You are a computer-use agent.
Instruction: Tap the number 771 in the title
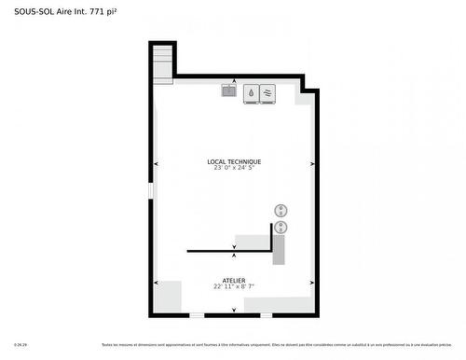click(97, 11)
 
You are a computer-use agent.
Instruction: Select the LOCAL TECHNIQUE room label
click(234, 161)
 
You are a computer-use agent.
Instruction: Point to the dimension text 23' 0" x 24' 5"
click(234, 169)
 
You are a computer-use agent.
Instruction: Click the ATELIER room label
click(234, 280)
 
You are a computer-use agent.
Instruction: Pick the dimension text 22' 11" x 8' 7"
click(234, 286)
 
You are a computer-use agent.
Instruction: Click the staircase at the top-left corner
click(163, 63)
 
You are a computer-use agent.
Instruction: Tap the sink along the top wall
click(229, 91)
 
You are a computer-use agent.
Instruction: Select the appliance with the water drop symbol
click(251, 93)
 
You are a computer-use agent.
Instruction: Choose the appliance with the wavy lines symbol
click(267, 93)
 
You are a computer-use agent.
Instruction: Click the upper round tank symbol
click(281, 210)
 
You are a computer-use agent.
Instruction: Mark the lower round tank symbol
click(281, 227)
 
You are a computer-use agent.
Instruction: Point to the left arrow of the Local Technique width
click(157, 164)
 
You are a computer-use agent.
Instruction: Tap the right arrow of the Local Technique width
click(311, 164)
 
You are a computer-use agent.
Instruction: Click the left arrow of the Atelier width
click(157, 283)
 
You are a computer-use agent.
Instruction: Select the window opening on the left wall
click(149, 190)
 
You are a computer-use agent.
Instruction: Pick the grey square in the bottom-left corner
click(168, 297)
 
